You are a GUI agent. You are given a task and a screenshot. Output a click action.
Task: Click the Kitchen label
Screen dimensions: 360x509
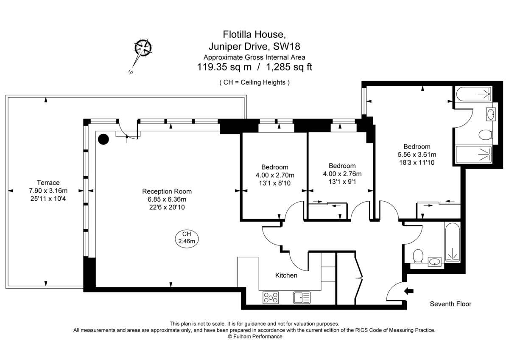(286, 276)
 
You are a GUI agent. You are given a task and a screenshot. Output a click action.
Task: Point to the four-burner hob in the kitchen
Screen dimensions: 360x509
(271, 297)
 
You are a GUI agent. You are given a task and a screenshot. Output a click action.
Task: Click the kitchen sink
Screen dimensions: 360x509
(302, 297)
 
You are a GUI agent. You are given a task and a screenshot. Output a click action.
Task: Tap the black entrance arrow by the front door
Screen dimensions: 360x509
(410, 291)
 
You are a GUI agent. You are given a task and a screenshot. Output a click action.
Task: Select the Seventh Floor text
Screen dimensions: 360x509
(450, 304)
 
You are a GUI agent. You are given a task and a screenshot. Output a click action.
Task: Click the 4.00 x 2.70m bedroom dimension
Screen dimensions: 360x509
(274, 175)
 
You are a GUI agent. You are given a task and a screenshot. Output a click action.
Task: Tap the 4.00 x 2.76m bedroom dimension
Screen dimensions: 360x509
(342, 174)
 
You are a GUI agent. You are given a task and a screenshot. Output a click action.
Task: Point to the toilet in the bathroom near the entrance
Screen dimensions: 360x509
(417, 256)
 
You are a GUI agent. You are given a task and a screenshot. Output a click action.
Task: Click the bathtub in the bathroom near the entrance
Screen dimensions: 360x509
(452, 242)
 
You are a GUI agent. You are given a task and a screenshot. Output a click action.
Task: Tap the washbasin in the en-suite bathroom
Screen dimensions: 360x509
(491, 114)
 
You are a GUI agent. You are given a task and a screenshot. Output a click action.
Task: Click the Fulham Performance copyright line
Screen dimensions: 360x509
(255, 336)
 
